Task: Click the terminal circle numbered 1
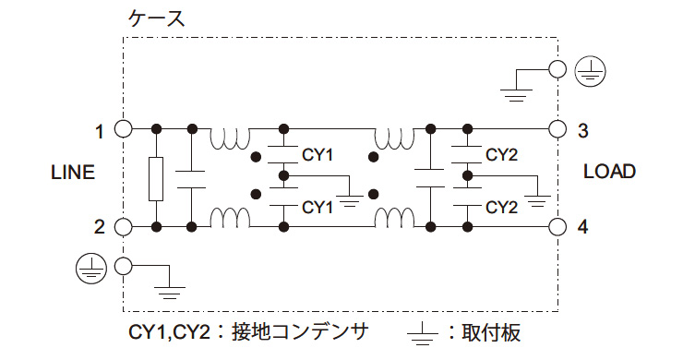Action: (x=123, y=128)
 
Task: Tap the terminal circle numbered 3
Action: (x=557, y=128)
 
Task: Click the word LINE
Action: (x=73, y=174)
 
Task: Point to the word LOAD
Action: (x=610, y=172)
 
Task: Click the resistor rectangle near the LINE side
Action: (x=157, y=178)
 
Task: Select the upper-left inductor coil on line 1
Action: (x=231, y=139)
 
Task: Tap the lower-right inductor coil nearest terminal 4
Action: (x=393, y=218)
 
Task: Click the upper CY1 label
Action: (x=318, y=153)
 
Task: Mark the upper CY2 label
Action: (x=501, y=154)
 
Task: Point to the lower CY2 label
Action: (x=501, y=205)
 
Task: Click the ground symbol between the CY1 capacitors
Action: (x=350, y=196)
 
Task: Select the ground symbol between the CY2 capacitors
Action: (x=537, y=196)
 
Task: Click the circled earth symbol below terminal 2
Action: (x=89, y=267)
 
